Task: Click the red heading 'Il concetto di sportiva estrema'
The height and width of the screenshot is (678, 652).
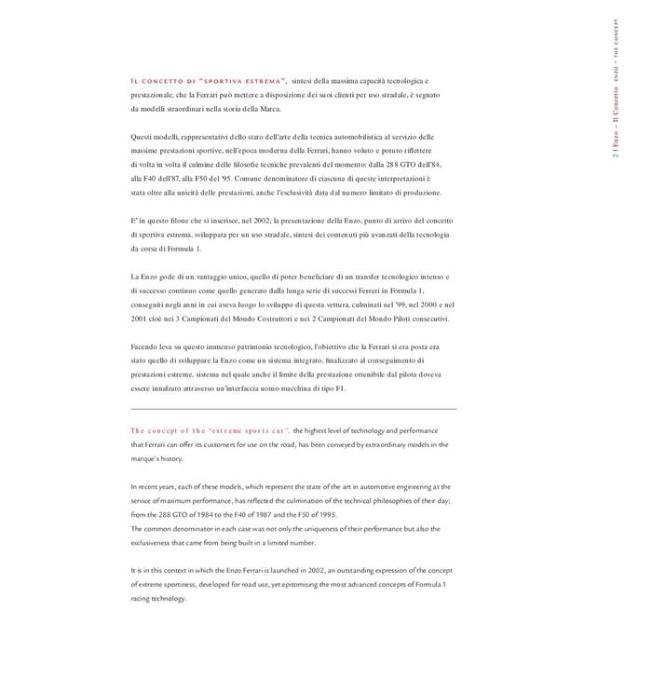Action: click(x=209, y=81)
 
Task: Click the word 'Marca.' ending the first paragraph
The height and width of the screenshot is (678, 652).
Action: click(x=266, y=109)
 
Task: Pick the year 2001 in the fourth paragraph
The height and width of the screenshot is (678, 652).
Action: click(x=141, y=319)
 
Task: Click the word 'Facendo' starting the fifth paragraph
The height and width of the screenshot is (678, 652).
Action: click(x=146, y=346)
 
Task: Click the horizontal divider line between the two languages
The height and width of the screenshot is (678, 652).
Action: click(x=293, y=409)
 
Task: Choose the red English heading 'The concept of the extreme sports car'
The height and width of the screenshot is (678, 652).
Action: click(x=210, y=430)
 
